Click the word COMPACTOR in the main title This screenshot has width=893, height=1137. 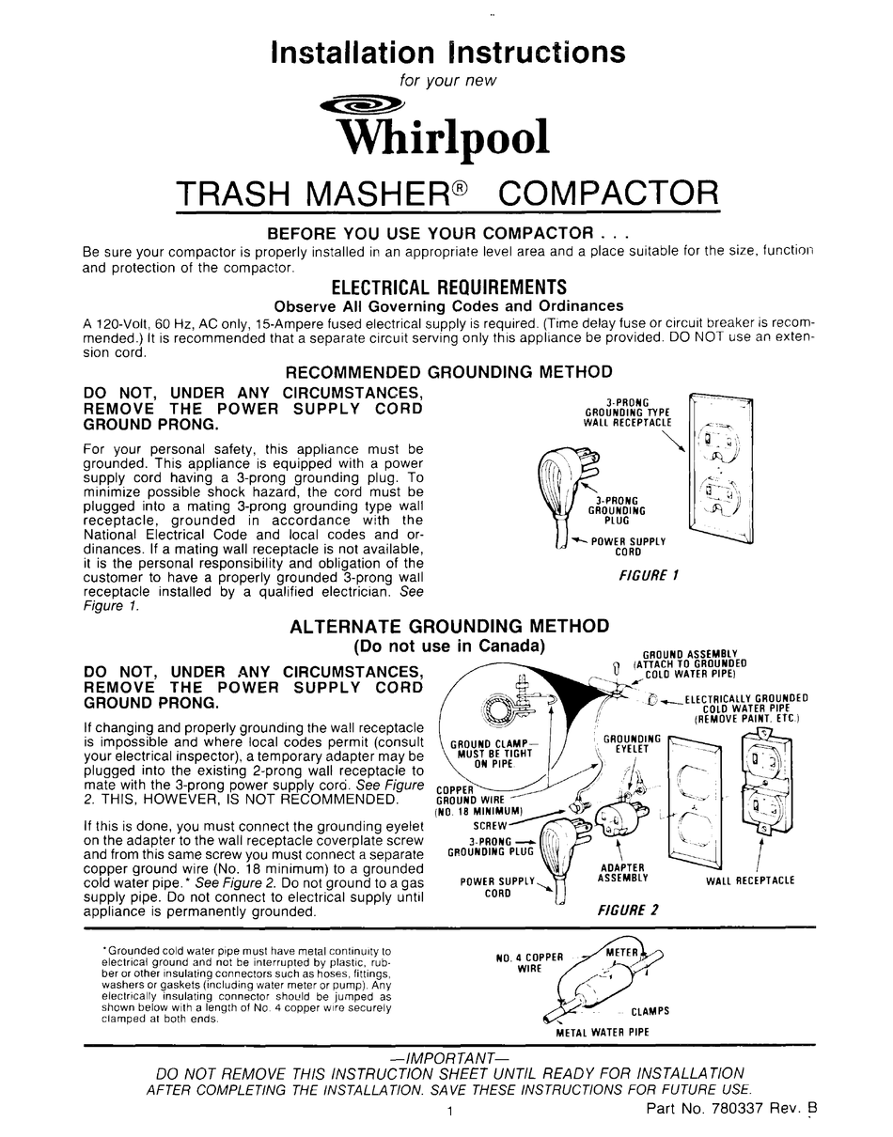(x=606, y=195)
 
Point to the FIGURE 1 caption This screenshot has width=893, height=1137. (x=649, y=575)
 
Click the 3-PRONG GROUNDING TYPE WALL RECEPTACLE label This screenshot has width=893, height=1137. (x=629, y=413)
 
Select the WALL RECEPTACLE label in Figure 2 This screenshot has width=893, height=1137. (x=750, y=880)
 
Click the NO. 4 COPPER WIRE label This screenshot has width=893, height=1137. (x=529, y=962)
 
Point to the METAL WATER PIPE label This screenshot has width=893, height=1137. (x=603, y=1032)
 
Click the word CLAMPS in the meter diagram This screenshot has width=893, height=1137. (x=650, y=1011)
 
